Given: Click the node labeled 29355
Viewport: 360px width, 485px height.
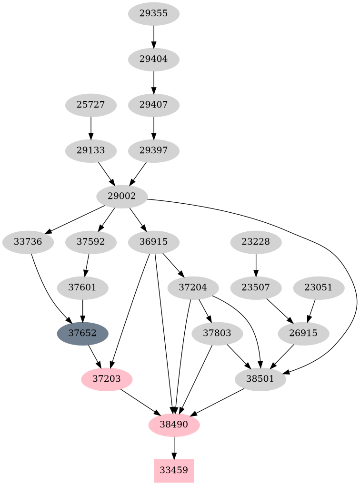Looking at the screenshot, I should pyautogui.click(x=154, y=14).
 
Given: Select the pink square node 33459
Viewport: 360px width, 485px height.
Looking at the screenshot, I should pyautogui.click(x=174, y=470).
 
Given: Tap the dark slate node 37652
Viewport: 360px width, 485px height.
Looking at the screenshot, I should pyautogui.click(x=83, y=333).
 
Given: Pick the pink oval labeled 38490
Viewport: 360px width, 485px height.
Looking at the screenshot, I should pyautogui.click(x=174, y=425).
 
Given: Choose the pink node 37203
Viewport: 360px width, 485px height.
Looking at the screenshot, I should pyautogui.click(x=107, y=379).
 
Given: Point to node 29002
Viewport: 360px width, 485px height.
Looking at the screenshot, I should pyautogui.click(x=122, y=196).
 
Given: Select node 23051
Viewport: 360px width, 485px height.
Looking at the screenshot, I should pyautogui.click(x=319, y=287).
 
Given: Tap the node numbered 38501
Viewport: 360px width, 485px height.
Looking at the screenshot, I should pyautogui.click(x=260, y=379).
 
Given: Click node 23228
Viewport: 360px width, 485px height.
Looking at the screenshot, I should pyautogui.click(x=256, y=242).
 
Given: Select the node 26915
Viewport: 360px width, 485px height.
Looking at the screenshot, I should pyautogui.click(x=303, y=333).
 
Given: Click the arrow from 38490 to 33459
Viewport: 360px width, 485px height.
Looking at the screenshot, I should pyautogui.click(x=174, y=447).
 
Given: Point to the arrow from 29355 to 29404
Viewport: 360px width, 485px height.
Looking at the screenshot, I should pyautogui.click(x=154, y=37).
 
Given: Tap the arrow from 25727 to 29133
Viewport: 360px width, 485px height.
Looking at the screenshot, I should pyautogui.click(x=91, y=128).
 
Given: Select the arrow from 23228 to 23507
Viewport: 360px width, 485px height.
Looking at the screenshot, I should pyautogui.click(x=256, y=265).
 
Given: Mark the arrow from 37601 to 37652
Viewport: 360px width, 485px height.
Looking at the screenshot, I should pyautogui.click(x=83, y=310).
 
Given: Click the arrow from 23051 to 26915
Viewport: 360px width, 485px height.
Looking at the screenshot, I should pyautogui.click(x=311, y=310).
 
